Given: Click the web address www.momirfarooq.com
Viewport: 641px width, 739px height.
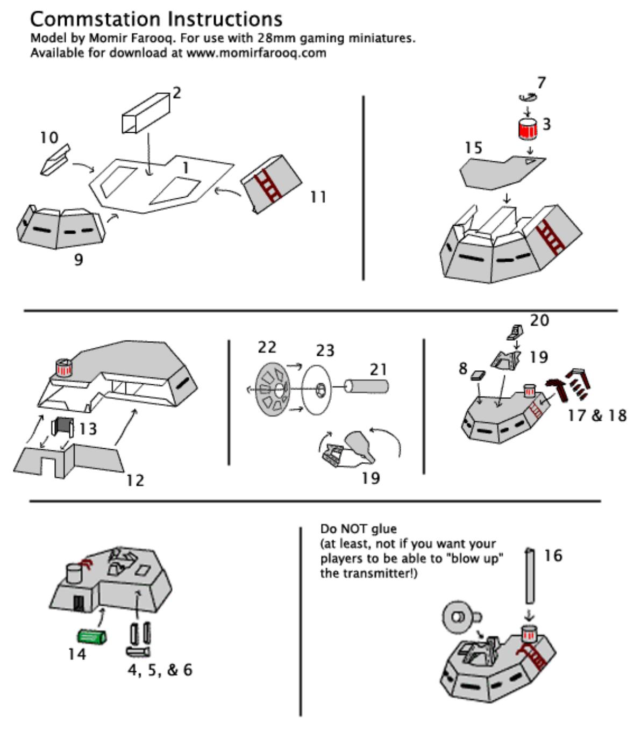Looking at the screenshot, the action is [x=256, y=53].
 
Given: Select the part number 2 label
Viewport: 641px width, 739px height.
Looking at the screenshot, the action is [x=177, y=94].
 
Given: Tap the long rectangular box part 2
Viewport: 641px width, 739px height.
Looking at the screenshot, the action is [x=146, y=113].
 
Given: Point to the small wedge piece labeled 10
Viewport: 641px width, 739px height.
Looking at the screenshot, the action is [x=55, y=160].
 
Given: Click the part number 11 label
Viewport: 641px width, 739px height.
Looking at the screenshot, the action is [x=318, y=197].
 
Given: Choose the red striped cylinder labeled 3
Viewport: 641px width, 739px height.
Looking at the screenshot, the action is [x=528, y=128].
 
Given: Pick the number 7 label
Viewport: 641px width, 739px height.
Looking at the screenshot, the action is [x=542, y=83].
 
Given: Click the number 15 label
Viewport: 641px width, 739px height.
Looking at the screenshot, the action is [x=473, y=148].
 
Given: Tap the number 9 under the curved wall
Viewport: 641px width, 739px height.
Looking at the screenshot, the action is [x=79, y=260].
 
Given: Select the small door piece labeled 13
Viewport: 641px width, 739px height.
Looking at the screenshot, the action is [x=63, y=427].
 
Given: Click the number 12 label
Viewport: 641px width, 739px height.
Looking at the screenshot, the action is [x=135, y=480].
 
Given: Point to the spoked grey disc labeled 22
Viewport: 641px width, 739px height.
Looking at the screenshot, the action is [x=273, y=389].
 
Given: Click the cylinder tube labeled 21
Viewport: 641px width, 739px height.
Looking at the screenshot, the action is [x=367, y=386].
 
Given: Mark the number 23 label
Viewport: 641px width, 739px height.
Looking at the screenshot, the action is [x=325, y=350].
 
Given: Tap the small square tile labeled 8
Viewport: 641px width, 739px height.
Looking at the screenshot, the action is [x=478, y=375].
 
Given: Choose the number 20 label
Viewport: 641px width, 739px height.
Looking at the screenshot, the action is [x=539, y=321].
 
